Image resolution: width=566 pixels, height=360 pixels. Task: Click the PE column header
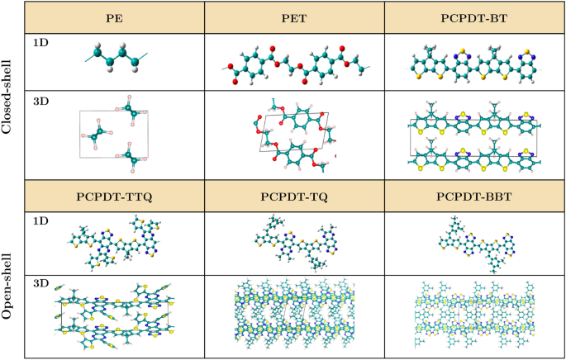pos(115,17)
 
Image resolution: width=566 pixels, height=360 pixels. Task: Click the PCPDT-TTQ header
pos(115,196)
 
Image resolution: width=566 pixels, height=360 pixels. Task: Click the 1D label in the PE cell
pos(38,42)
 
